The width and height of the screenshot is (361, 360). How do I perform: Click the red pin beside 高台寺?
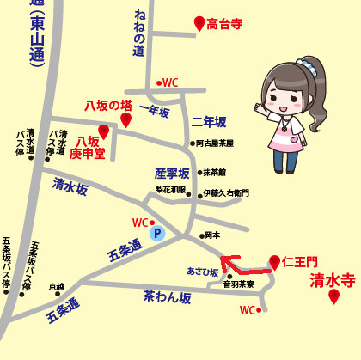(199, 23)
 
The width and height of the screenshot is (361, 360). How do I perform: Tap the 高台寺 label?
(226, 26)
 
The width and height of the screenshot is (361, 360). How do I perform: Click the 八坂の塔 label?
(107, 104)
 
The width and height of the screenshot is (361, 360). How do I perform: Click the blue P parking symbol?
(156, 232)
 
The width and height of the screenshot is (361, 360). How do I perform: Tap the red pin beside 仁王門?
(274, 261)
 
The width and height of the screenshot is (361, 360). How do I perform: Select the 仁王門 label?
(299, 261)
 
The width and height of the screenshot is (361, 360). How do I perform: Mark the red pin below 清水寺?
(334, 296)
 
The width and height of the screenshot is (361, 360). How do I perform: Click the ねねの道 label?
(139, 34)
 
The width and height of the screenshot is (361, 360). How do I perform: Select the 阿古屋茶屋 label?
(215, 143)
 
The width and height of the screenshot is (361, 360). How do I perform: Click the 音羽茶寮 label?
(238, 283)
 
